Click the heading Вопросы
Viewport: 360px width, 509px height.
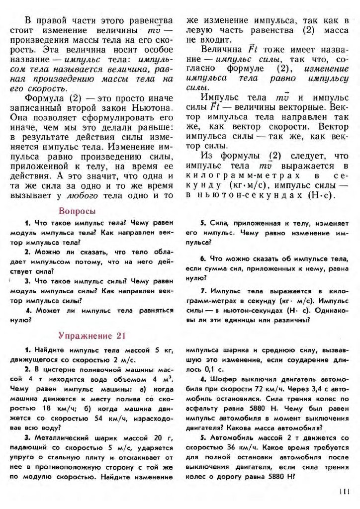coord(77,210)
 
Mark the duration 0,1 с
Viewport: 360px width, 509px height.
coord(205,370)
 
